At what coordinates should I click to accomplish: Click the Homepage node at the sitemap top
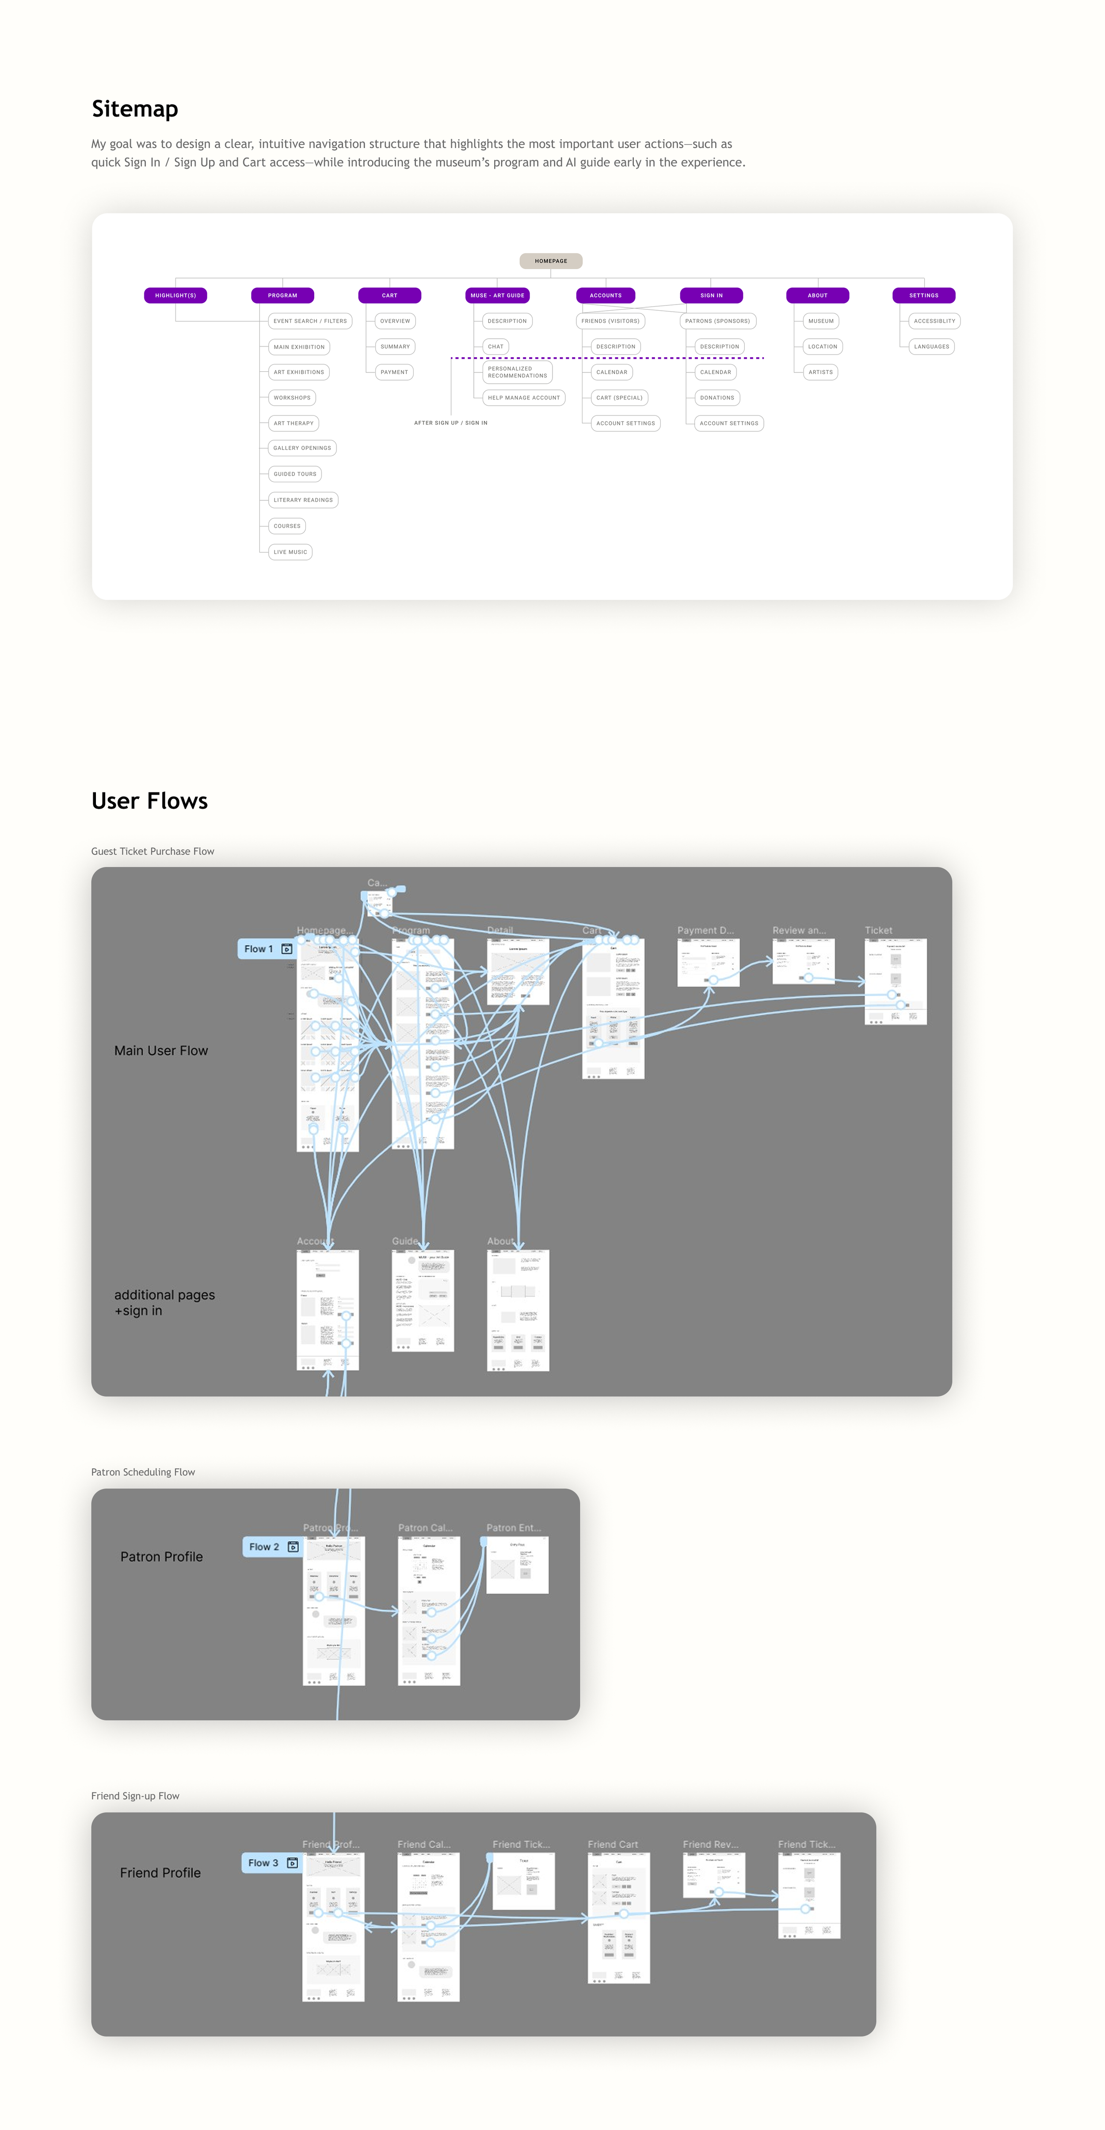click(x=551, y=261)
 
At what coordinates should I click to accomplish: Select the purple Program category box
click(x=282, y=295)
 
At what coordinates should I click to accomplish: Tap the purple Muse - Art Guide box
click(x=497, y=295)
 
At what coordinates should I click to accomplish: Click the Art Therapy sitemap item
click(x=293, y=423)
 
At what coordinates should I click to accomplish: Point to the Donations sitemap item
click(x=716, y=398)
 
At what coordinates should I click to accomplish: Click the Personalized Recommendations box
click(x=517, y=372)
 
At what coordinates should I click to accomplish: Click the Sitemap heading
click(x=135, y=109)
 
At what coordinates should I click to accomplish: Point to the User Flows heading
click(x=150, y=801)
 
